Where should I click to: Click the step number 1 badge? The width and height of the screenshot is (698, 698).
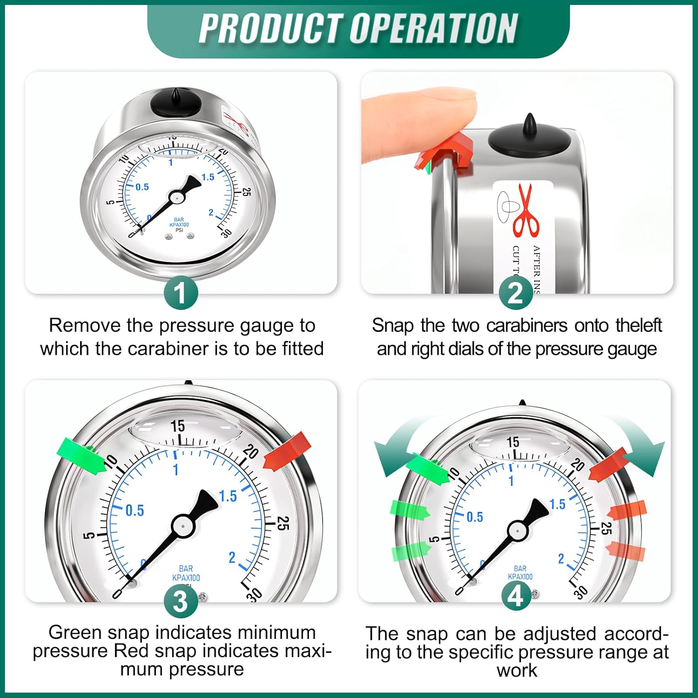coord(181,293)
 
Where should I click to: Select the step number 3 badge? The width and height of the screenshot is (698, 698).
coord(181,602)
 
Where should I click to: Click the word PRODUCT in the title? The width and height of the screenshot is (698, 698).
coord(270,29)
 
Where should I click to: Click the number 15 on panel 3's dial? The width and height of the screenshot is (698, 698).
coord(177,425)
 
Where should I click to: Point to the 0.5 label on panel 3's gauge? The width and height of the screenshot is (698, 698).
coord(134,510)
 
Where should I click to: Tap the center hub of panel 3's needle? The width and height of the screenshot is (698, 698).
coord(182,526)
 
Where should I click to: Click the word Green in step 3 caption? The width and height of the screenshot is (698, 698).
coord(75,632)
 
